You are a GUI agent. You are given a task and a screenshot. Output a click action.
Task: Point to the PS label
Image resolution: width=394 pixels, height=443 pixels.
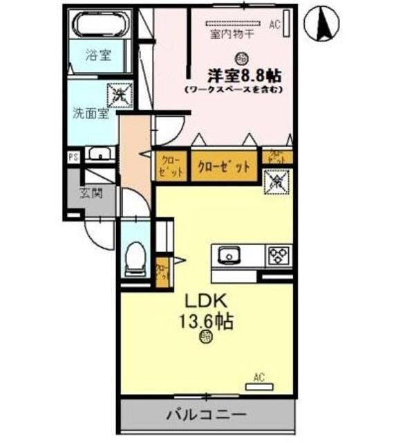(73, 156)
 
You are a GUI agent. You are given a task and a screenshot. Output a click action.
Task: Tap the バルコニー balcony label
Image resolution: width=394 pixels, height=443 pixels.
(205, 415)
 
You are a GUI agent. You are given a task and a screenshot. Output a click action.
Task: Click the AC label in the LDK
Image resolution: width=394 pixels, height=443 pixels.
(259, 377)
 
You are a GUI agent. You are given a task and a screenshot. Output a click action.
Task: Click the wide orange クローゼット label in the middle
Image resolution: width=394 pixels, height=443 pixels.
(224, 167)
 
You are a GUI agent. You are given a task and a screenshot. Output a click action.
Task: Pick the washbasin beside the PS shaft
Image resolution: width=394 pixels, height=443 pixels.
(100, 155)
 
